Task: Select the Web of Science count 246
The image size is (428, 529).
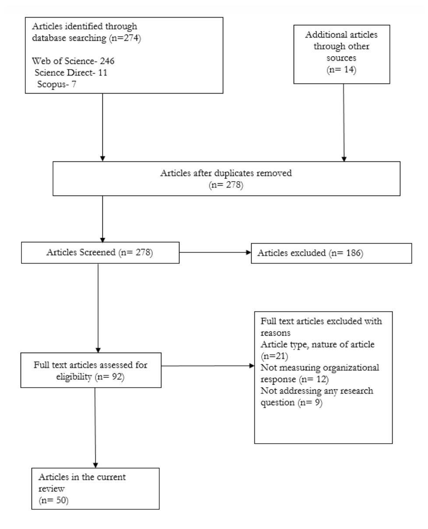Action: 107,61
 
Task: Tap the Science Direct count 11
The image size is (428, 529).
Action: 102,73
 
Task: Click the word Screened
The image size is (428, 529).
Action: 98,252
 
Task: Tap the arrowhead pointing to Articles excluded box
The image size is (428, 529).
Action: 249,252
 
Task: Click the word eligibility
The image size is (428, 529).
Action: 74,377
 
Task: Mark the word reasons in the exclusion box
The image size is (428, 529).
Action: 275,333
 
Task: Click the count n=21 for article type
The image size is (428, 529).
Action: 274,356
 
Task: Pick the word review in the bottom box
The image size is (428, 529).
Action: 51,488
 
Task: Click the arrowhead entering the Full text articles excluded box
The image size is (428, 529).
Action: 252,366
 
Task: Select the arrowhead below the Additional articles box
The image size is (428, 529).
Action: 344,159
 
